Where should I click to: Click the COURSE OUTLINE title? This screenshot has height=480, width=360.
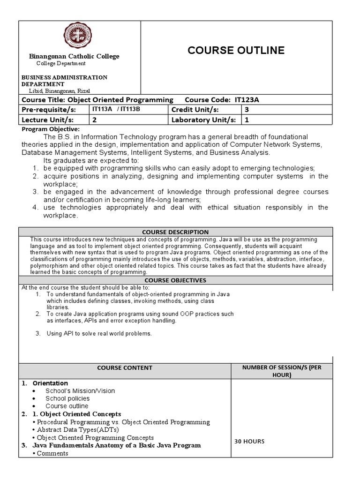236,51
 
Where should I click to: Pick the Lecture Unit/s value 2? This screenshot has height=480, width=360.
94,120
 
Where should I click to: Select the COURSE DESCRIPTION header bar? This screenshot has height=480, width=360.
175,232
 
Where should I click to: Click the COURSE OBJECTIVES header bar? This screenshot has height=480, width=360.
175,280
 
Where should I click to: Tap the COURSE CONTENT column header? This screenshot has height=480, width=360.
125,368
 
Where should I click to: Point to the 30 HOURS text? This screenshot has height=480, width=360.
250,441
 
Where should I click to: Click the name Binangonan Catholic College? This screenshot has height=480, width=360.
75,56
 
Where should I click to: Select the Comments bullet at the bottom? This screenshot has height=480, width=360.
52,453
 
